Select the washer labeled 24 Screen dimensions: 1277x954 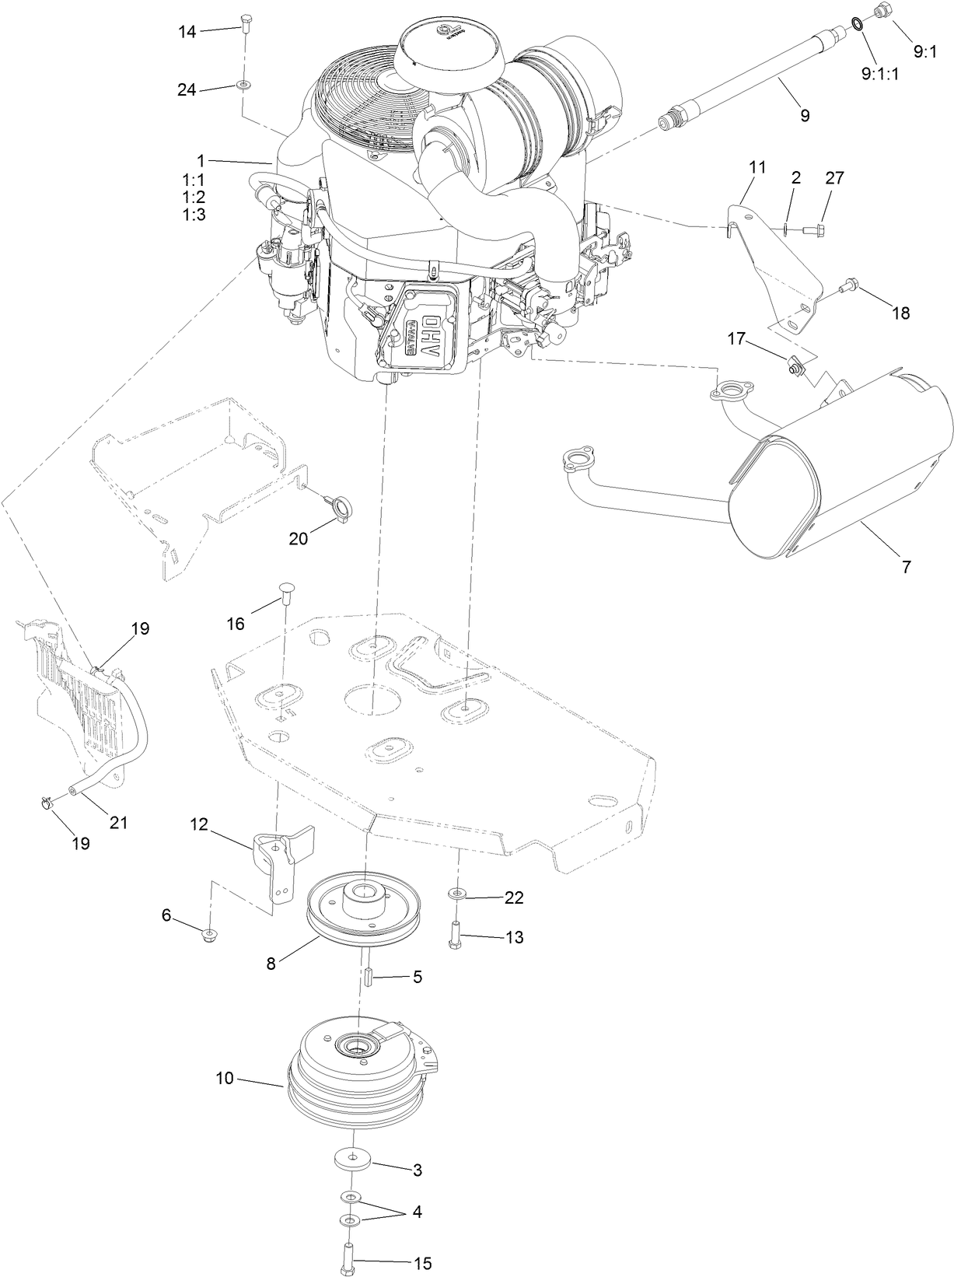pos(244,84)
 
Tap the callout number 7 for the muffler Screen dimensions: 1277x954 pos(906,567)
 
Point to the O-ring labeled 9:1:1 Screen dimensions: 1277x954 pos(857,24)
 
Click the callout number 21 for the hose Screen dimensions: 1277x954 pos(117,822)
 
